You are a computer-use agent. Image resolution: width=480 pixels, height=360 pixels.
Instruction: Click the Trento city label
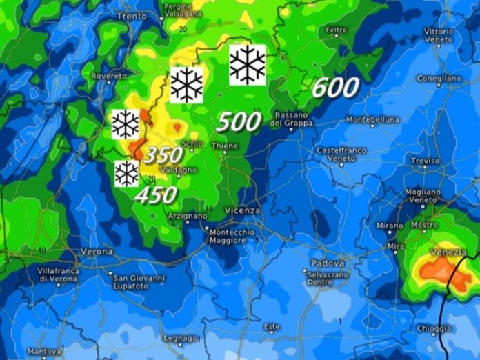[x=132, y=16]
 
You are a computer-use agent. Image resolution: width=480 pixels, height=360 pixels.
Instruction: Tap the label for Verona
[x=97, y=252]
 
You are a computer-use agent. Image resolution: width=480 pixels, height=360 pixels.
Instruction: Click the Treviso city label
[x=425, y=161]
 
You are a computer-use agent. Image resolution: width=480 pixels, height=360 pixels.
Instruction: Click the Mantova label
[x=44, y=351]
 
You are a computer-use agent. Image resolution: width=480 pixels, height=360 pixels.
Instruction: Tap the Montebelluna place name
[x=373, y=119]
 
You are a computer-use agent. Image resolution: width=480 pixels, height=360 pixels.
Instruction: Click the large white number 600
[x=335, y=88]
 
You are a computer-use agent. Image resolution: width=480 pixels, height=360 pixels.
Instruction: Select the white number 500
[x=239, y=122]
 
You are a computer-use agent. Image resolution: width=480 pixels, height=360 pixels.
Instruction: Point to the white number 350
[x=163, y=154]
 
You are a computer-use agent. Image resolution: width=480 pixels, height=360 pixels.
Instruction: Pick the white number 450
[x=156, y=195]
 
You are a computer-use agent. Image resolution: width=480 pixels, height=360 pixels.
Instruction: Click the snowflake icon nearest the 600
[x=248, y=65]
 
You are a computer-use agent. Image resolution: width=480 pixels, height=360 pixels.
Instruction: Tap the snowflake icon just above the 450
[x=126, y=173]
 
